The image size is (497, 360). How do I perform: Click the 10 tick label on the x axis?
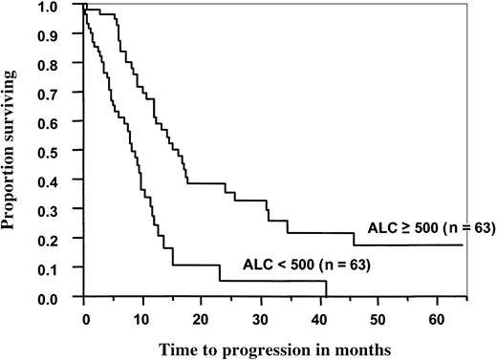(x=142, y=314)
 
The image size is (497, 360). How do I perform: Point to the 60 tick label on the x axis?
(x=436, y=314)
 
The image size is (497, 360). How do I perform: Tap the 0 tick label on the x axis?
(x=84, y=314)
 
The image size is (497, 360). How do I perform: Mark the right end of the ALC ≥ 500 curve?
(x=463, y=245)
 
